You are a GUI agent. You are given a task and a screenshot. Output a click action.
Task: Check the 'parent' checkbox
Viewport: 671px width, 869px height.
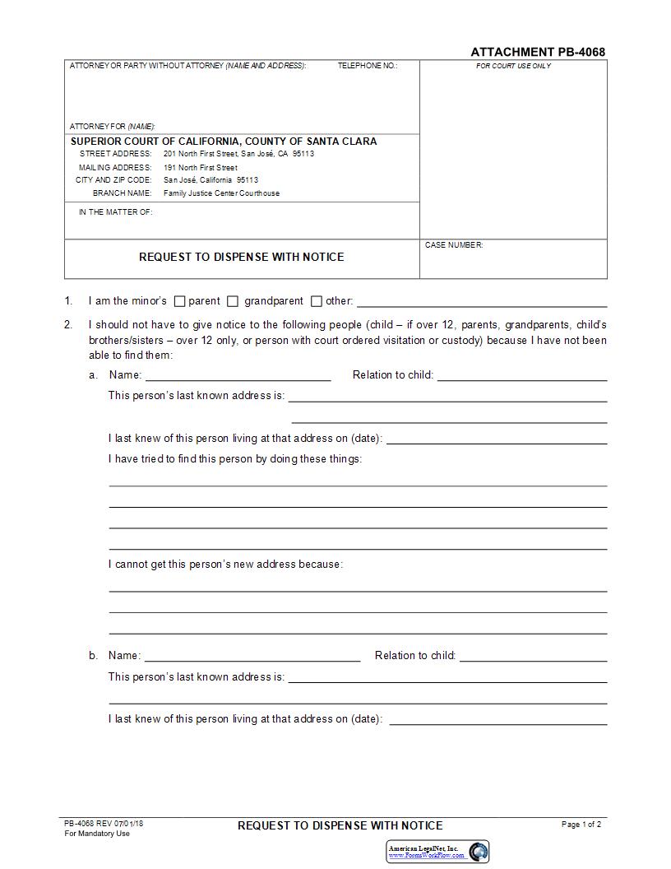click(181, 301)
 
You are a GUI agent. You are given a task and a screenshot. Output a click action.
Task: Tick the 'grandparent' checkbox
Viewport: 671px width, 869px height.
click(233, 301)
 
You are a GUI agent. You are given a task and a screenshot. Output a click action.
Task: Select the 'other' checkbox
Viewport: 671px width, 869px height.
click(317, 301)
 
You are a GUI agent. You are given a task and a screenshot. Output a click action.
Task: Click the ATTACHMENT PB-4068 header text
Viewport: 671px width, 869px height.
click(538, 52)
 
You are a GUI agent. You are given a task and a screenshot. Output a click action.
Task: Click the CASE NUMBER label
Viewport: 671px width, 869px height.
click(454, 245)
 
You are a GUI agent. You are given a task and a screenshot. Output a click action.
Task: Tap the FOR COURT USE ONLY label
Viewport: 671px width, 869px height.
click(513, 66)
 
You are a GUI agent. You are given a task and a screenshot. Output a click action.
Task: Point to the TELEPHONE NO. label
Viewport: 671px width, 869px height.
click(368, 66)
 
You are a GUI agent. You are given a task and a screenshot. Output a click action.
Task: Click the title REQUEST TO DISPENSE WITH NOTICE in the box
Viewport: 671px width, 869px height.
click(242, 257)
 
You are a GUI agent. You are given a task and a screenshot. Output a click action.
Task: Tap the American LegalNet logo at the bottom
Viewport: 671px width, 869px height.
click(437, 851)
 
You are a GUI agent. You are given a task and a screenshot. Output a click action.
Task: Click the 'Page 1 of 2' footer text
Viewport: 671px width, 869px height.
click(581, 824)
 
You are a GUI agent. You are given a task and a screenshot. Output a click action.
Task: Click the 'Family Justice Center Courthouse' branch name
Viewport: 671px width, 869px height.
click(221, 193)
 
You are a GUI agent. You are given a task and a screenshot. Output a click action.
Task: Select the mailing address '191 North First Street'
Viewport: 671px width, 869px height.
click(201, 168)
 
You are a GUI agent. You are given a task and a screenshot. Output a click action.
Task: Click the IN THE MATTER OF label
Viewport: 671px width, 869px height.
click(116, 212)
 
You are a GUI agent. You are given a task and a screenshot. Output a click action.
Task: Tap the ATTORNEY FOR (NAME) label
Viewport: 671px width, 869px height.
click(113, 127)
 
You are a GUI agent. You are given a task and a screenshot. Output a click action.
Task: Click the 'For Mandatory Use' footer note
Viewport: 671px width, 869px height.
click(97, 834)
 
